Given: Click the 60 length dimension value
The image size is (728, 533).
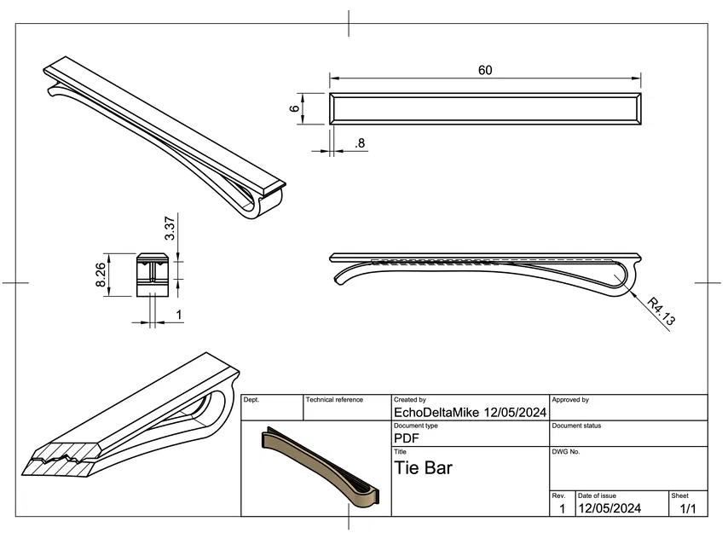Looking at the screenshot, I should pos(485,71).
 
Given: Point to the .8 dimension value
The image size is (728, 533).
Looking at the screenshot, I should pos(360,144).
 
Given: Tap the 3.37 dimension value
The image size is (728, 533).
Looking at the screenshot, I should pos(170,228).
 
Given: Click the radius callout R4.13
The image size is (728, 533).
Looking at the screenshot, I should pos(662,312).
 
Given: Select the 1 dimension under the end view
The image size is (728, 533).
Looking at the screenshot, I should pos(178,316).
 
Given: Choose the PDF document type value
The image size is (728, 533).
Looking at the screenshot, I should pos(406,438).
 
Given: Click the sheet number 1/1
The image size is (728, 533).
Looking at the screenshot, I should pos(688,509).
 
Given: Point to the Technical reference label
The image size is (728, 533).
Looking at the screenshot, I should pos(334,400).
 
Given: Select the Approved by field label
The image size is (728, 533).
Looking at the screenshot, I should pos(570,400).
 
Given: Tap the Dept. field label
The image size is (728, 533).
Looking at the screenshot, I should pos(252,400).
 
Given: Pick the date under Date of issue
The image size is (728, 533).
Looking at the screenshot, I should pos(610,509).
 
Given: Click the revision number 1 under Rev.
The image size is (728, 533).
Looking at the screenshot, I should pos(561,509).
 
